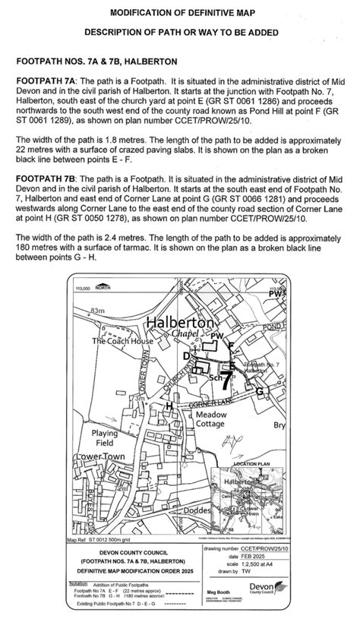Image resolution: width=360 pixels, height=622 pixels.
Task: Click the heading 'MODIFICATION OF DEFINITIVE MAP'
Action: tap(180, 13)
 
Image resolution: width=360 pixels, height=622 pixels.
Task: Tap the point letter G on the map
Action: tap(261, 390)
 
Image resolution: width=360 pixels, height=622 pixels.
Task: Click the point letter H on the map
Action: tap(169, 406)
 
